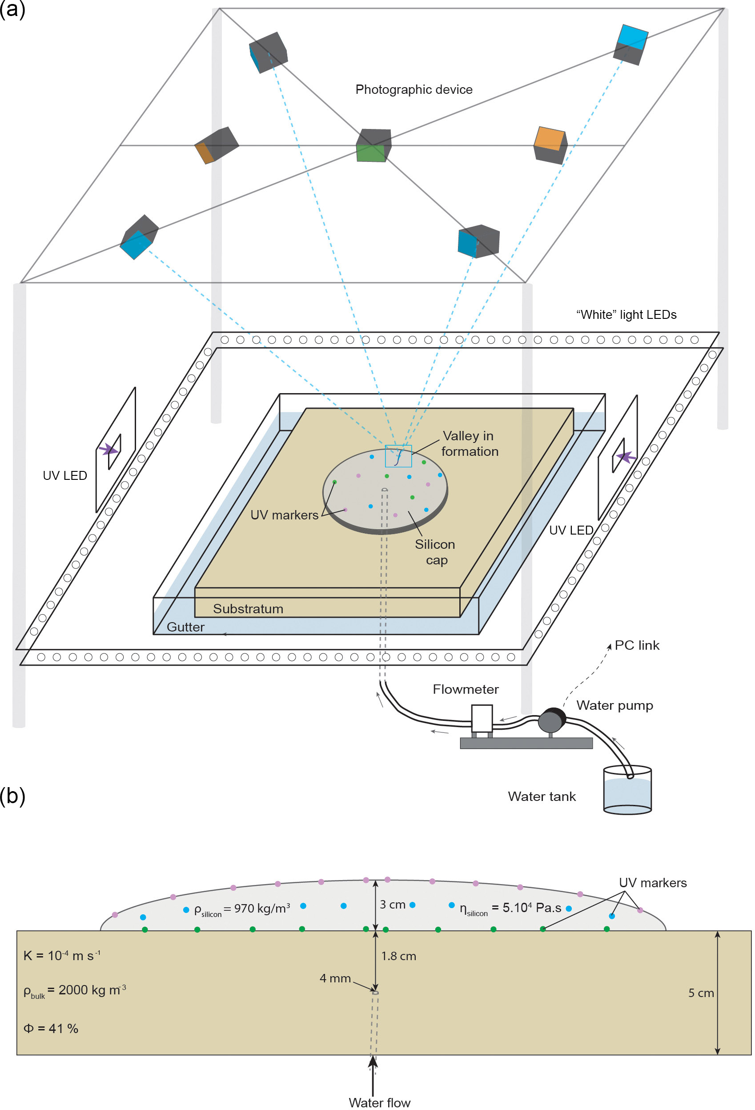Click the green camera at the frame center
(373, 146)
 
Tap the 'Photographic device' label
(414, 89)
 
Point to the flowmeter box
(482, 718)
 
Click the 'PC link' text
(636, 645)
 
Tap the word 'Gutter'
(185, 627)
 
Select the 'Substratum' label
(248, 608)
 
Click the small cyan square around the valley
(398, 456)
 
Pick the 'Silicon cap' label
(434, 552)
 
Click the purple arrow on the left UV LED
(108, 449)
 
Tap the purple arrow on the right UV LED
(626, 457)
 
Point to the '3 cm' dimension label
(392, 905)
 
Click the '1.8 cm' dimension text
(398, 956)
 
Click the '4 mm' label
(335, 978)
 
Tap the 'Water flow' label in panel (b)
(379, 1102)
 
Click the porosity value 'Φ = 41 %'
(51, 1028)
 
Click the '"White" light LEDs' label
(626, 315)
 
